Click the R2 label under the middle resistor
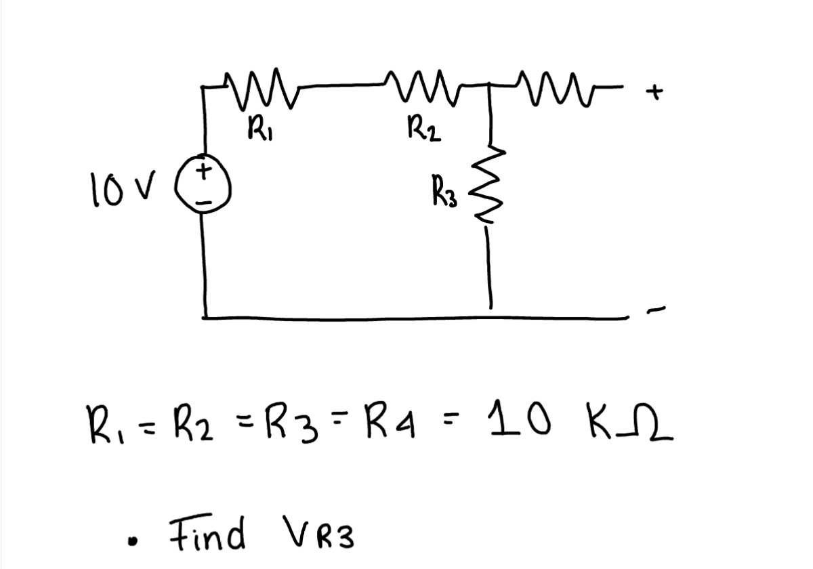pos(425,128)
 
